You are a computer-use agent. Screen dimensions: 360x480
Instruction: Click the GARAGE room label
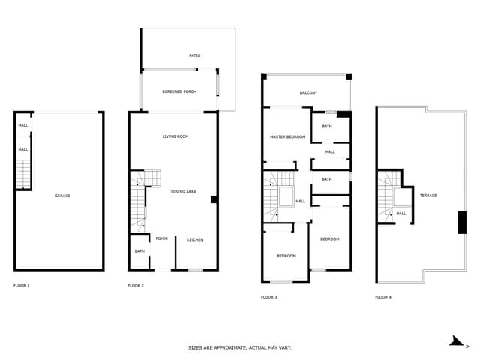[62, 196]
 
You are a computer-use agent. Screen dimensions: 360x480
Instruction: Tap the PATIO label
[194, 55]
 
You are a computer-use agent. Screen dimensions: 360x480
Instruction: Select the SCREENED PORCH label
[178, 91]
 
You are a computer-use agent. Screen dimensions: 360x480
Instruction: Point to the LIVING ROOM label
[175, 136]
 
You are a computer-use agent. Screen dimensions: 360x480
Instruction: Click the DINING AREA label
[184, 192]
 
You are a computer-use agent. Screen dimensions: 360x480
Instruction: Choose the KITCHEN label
[195, 240]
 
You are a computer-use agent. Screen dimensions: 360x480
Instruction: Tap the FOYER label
[161, 240]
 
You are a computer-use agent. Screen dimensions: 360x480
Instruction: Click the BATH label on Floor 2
[139, 251]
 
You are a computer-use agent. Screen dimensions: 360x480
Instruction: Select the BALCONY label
[308, 93]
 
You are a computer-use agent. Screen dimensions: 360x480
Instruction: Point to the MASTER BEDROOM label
[287, 137]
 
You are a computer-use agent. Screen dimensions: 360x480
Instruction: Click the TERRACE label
[428, 196]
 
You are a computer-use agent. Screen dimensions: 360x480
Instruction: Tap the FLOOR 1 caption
[22, 286]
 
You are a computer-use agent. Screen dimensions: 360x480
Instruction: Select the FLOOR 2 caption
[136, 286]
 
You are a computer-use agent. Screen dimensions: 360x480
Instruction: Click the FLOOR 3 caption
[269, 298]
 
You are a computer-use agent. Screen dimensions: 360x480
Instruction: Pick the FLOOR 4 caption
[383, 298]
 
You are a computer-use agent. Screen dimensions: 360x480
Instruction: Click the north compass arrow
[457, 341]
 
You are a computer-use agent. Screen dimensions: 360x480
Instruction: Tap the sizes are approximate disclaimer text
[240, 348]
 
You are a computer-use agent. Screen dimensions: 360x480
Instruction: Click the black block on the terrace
[461, 223]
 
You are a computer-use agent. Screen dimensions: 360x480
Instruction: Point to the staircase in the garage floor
[24, 174]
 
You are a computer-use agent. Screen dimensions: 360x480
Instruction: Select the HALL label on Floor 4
[401, 214]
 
